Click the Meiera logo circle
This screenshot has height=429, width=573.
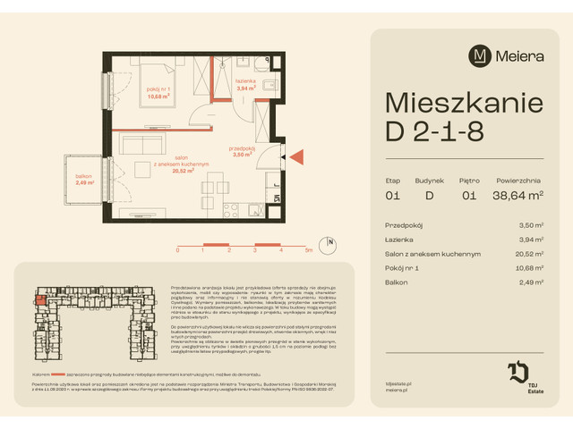coord(480,56)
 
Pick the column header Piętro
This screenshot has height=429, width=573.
coord(469,180)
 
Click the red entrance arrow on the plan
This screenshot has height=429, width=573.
coord(297,157)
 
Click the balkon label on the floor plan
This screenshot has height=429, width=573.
coord(85,181)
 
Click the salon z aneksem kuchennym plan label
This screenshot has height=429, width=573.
coord(180,167)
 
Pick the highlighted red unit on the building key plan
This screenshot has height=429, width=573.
coord(41,301)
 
